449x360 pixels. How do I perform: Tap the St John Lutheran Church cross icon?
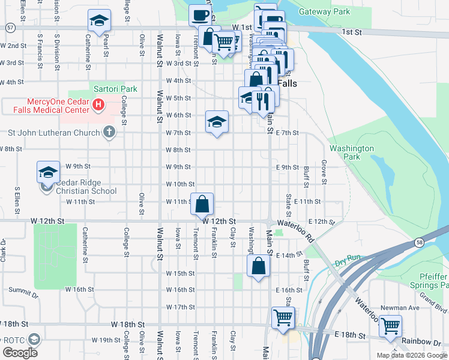109,132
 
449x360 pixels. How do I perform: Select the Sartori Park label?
115,89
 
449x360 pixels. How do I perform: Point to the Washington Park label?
352,152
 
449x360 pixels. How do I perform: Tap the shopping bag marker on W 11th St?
203,203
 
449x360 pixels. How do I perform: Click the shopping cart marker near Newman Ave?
390,326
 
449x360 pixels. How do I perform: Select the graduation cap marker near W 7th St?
217,122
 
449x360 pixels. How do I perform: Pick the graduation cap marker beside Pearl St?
99,21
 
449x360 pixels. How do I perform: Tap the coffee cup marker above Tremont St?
200,15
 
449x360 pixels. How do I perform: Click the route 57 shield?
10,28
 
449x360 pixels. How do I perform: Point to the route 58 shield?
419,241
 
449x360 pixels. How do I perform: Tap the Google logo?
20,352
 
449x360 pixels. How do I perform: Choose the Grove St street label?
324,172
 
